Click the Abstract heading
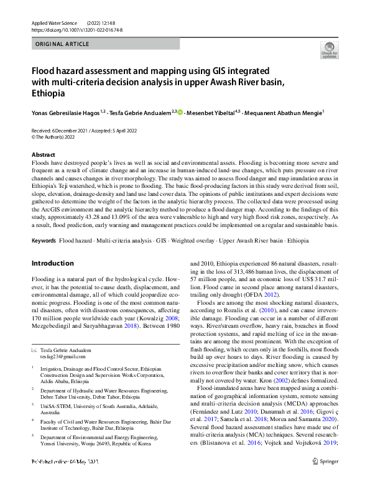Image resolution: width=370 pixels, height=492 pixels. coord(43,154)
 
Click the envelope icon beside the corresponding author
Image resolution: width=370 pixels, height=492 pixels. coord(34,350)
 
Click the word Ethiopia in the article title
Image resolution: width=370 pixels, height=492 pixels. coord(49,94)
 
